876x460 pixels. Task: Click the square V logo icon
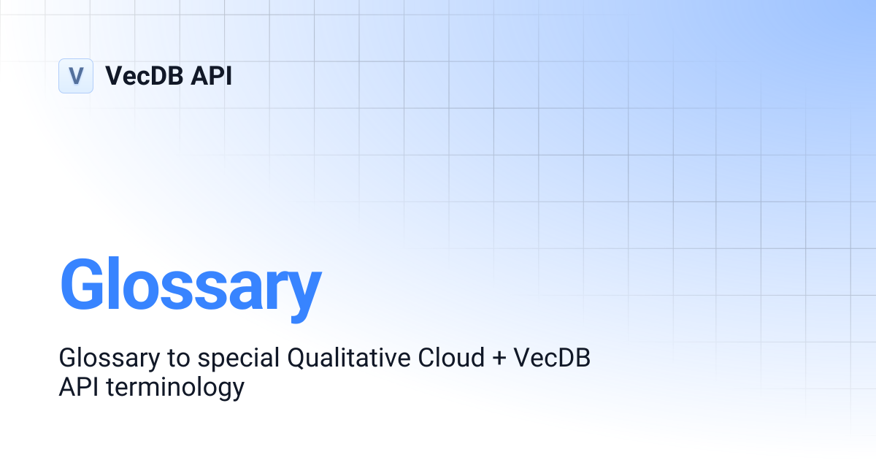pos(76,76)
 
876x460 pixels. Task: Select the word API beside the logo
pos(211,76)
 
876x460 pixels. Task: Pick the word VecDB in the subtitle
pos(552,359)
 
